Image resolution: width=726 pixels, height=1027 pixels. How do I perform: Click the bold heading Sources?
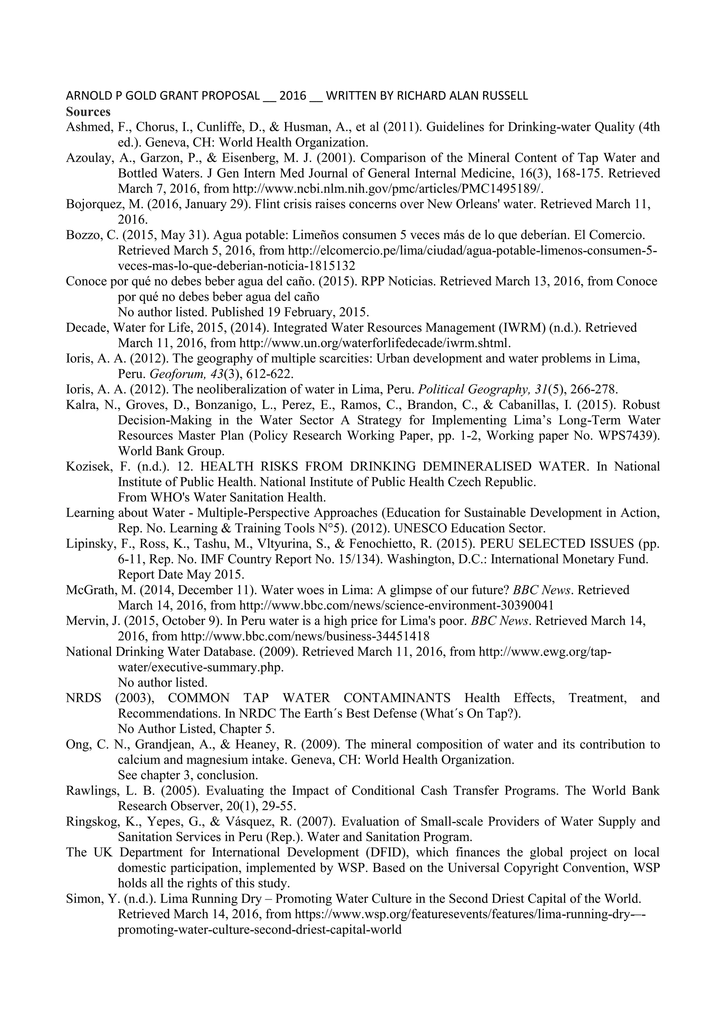pyautogui.click(x=88, y=111)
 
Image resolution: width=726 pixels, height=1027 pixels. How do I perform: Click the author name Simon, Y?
pyautogui.click(x=86, y=899)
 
